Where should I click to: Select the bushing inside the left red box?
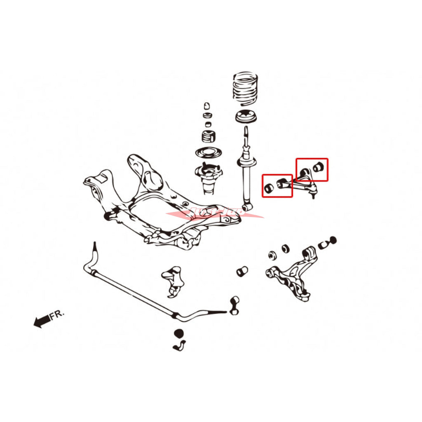pos(269,188)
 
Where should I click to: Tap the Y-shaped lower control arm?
pos(293,276)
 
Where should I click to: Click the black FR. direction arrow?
pos(41,321)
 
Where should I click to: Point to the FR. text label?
pos(57,315)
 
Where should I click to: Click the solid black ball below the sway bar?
pos(178,333)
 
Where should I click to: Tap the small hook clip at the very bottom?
pos(179,346)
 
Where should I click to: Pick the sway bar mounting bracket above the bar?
pos(173,280)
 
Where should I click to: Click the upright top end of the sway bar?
pos(95,249)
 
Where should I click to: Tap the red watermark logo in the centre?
pos(214,213)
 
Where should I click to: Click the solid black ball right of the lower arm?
pos(333,239)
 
